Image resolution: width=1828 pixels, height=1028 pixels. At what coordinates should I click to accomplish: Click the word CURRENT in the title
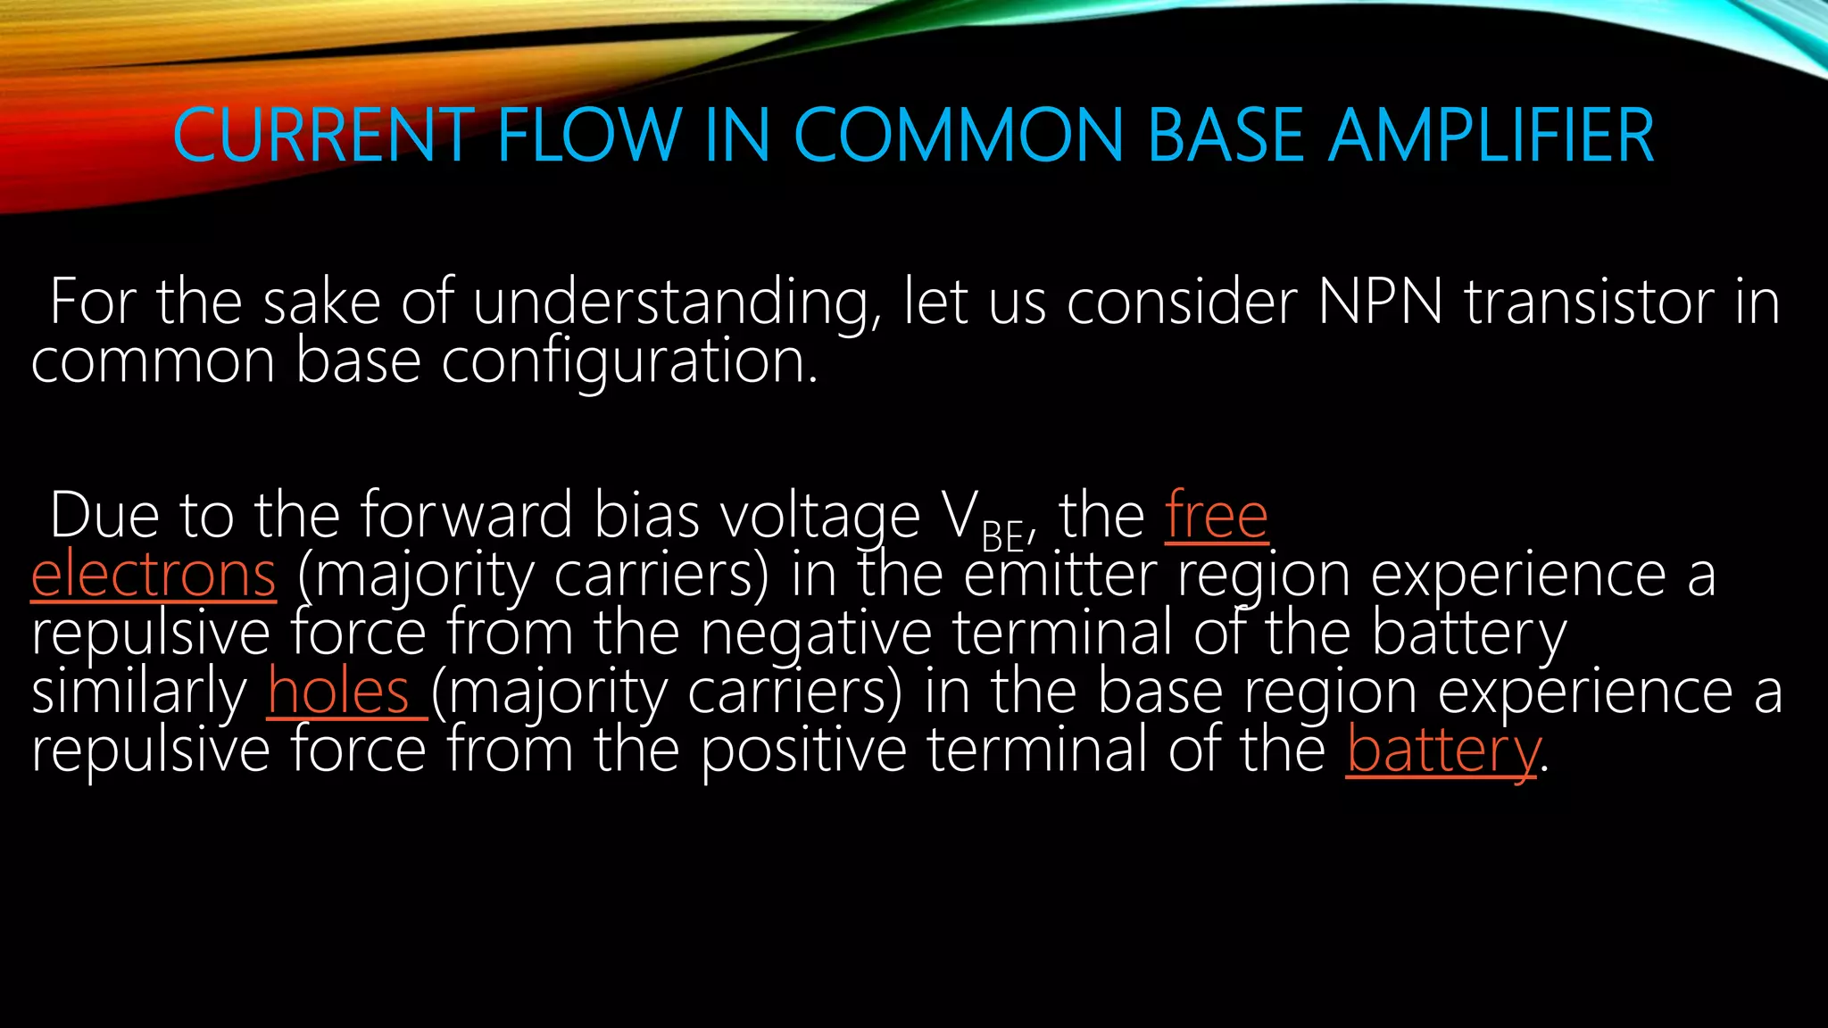322,136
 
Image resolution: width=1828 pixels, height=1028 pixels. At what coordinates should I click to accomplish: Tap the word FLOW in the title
589,136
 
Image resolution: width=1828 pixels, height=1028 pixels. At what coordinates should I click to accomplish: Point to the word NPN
1380,302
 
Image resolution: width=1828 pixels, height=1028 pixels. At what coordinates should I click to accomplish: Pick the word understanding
669,303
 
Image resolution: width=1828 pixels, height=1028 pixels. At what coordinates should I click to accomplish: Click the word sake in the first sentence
322,302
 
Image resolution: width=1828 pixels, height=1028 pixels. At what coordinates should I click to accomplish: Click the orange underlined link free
1217,516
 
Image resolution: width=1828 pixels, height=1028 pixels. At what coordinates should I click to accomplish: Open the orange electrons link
154,575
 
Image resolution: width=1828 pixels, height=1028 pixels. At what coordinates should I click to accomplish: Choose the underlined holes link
339,692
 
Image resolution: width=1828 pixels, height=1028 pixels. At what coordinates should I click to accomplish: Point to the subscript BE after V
1002,536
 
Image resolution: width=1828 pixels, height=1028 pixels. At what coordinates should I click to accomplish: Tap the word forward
466,516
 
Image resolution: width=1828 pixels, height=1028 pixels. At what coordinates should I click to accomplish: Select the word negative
816,634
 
